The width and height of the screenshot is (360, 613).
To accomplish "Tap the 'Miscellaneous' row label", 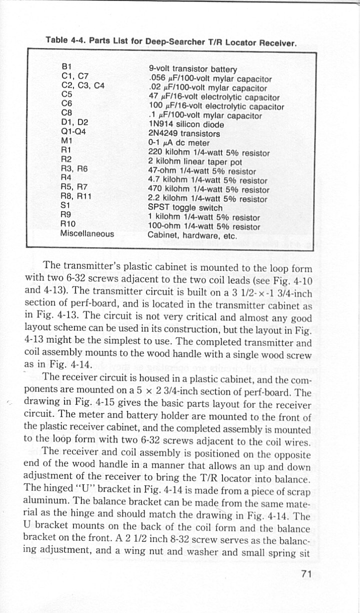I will point(87,234).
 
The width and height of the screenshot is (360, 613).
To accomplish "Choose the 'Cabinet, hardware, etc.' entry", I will point(192,236).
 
